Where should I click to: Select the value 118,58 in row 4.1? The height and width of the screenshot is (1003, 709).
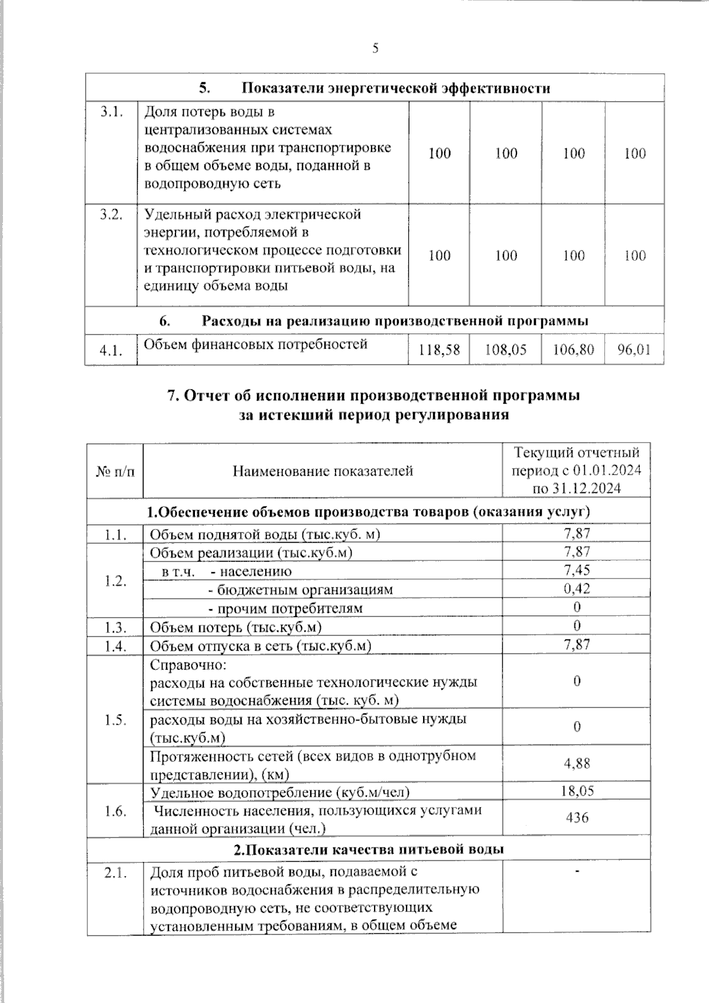pos(439,350)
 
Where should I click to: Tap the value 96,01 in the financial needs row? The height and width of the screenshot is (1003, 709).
pos(634,350)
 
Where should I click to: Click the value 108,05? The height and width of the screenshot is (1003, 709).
pos(506,350)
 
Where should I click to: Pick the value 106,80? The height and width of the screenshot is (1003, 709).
pos(573,350)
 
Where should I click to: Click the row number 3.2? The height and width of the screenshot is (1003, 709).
pos(111,215)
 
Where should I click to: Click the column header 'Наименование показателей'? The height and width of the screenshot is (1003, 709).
pos(323,471)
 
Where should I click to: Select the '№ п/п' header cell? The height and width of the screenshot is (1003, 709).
pos(115,471)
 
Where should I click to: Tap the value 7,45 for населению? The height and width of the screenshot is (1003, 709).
pos(577,570)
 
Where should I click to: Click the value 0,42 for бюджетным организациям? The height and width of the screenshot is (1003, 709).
pos(577,589)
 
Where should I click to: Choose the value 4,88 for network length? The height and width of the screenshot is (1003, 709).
pos(577,763)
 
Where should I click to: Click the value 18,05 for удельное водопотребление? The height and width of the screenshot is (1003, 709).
pos(577,791)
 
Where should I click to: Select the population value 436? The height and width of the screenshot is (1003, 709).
pos(577,818)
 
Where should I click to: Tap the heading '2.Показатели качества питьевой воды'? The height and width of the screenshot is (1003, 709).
pos(368,850)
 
